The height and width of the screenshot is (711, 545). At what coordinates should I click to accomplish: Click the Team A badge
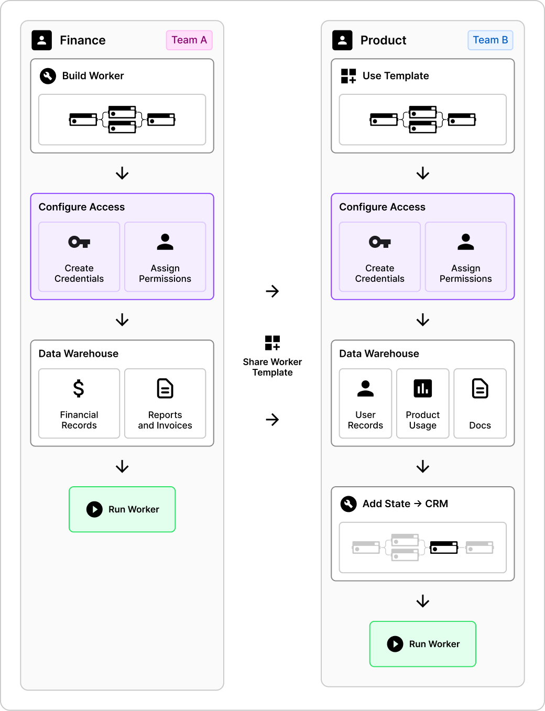point(189,40)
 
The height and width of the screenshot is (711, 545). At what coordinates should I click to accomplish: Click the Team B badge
point(490,40)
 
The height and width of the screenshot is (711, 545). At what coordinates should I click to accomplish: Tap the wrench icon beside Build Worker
point(48,76)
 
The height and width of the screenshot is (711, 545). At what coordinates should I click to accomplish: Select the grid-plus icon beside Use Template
point(348,76)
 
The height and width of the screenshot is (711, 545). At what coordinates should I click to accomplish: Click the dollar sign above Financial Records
point(79,389)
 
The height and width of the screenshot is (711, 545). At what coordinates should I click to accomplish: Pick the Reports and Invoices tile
point(165,403)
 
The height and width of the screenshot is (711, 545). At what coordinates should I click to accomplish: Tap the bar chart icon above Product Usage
point(423,389)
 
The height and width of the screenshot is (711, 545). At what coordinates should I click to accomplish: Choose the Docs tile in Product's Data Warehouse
point(480,403)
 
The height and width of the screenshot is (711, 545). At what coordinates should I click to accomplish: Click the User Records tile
point(365,403)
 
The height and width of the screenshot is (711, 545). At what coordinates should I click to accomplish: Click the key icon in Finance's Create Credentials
point(79,242)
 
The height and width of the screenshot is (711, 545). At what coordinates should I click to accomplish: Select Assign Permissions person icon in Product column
point(466,242)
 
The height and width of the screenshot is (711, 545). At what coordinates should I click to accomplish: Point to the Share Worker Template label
point(272,367)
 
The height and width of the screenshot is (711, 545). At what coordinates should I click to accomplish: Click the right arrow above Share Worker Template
point(272,291)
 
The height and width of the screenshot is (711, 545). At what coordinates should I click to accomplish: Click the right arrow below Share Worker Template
point(272,419)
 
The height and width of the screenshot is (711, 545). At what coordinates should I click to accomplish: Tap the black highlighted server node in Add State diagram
point(444,548)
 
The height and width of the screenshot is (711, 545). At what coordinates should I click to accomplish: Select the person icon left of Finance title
point(42,40)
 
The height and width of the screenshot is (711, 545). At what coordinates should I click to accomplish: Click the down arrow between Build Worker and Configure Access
point(122,173)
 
